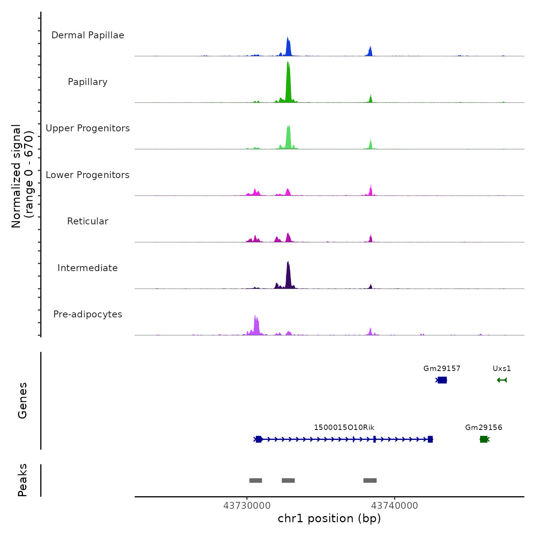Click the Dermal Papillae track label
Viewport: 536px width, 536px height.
(88, 35)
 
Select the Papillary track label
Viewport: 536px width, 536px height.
(88, 82)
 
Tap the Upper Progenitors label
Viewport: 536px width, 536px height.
(88, 128)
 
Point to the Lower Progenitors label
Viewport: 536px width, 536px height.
(88, 175)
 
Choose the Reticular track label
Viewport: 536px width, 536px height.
(88, 221)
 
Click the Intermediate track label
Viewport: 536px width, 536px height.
(88, 268)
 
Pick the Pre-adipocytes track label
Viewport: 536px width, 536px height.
(88, 314)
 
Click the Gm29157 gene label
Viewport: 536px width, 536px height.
(442, 369)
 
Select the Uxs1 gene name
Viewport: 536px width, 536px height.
(502, 369)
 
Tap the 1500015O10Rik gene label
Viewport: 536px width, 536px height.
(344, 428)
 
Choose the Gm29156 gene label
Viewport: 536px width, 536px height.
(484, 428)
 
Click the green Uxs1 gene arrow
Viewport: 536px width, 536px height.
(502, 380)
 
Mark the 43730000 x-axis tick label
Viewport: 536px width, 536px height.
(247, 506)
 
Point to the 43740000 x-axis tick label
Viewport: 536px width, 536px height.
(395, 506)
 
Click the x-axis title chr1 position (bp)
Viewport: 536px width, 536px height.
(329, 518)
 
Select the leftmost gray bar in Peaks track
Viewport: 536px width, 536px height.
(255, 480)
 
